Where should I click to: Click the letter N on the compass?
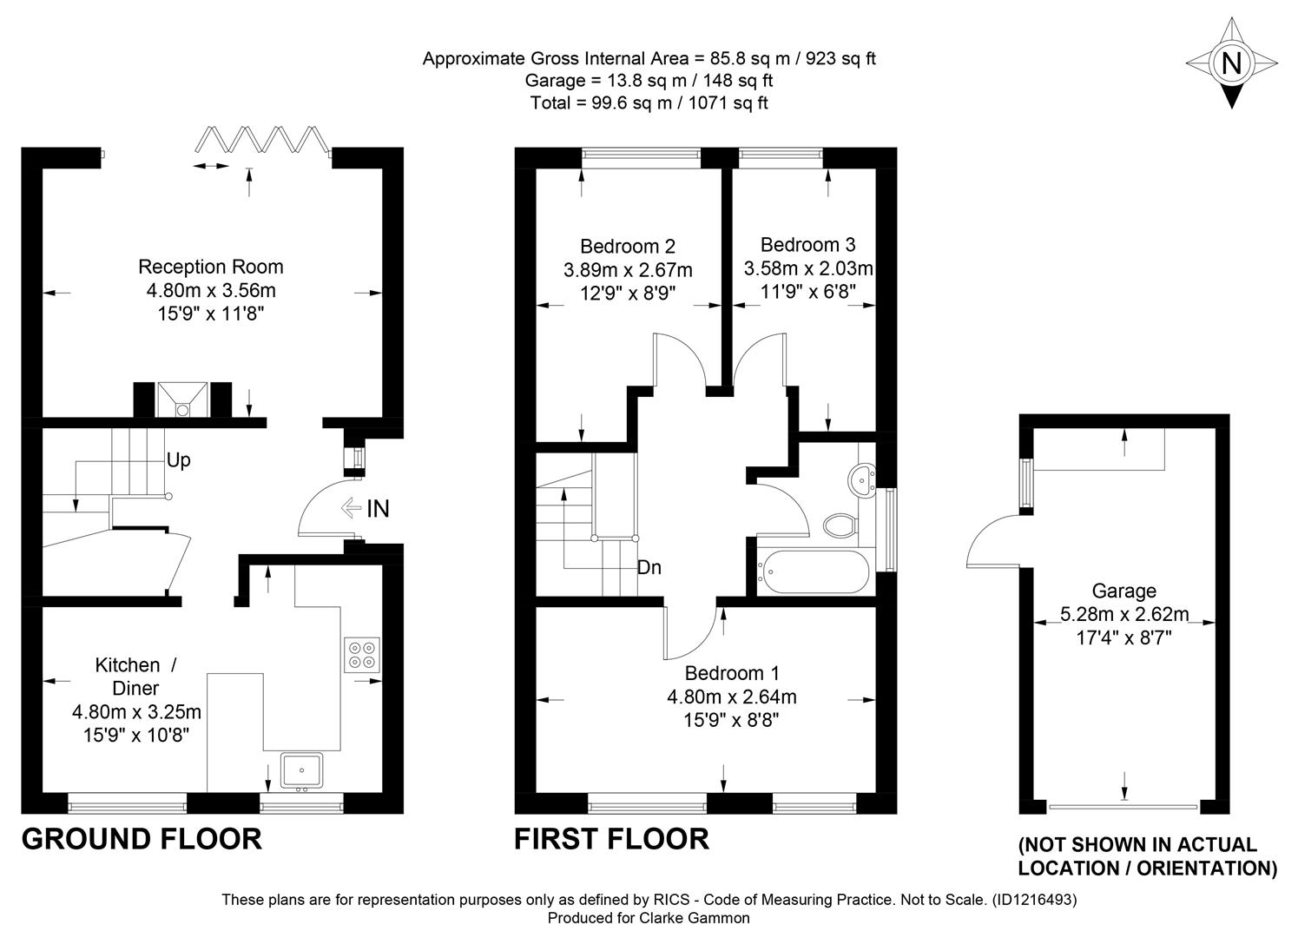coord(1231,63)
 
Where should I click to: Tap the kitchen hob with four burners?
coord(362,655)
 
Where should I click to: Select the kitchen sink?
coord(301,771)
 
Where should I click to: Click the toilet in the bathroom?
coord(840,525)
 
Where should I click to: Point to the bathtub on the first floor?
coord(814,571)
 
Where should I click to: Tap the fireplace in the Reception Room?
coord(182,400)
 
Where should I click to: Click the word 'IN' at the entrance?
coord(378,509)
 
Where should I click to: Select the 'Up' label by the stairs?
coord(179,461)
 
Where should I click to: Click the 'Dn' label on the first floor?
coord(649,567)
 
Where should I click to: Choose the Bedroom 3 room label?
coord(807,245)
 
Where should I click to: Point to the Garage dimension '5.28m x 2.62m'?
coord(1124,614)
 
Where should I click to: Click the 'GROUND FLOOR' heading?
coord(142,840)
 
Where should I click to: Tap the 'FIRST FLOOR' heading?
coord(612,840)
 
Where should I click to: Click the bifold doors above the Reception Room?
coord(262,139)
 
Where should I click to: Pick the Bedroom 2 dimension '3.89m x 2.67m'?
coord(628,270)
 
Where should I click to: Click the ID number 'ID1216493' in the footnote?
coord(1034,900)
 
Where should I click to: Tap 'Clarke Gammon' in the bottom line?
coord(695,918)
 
